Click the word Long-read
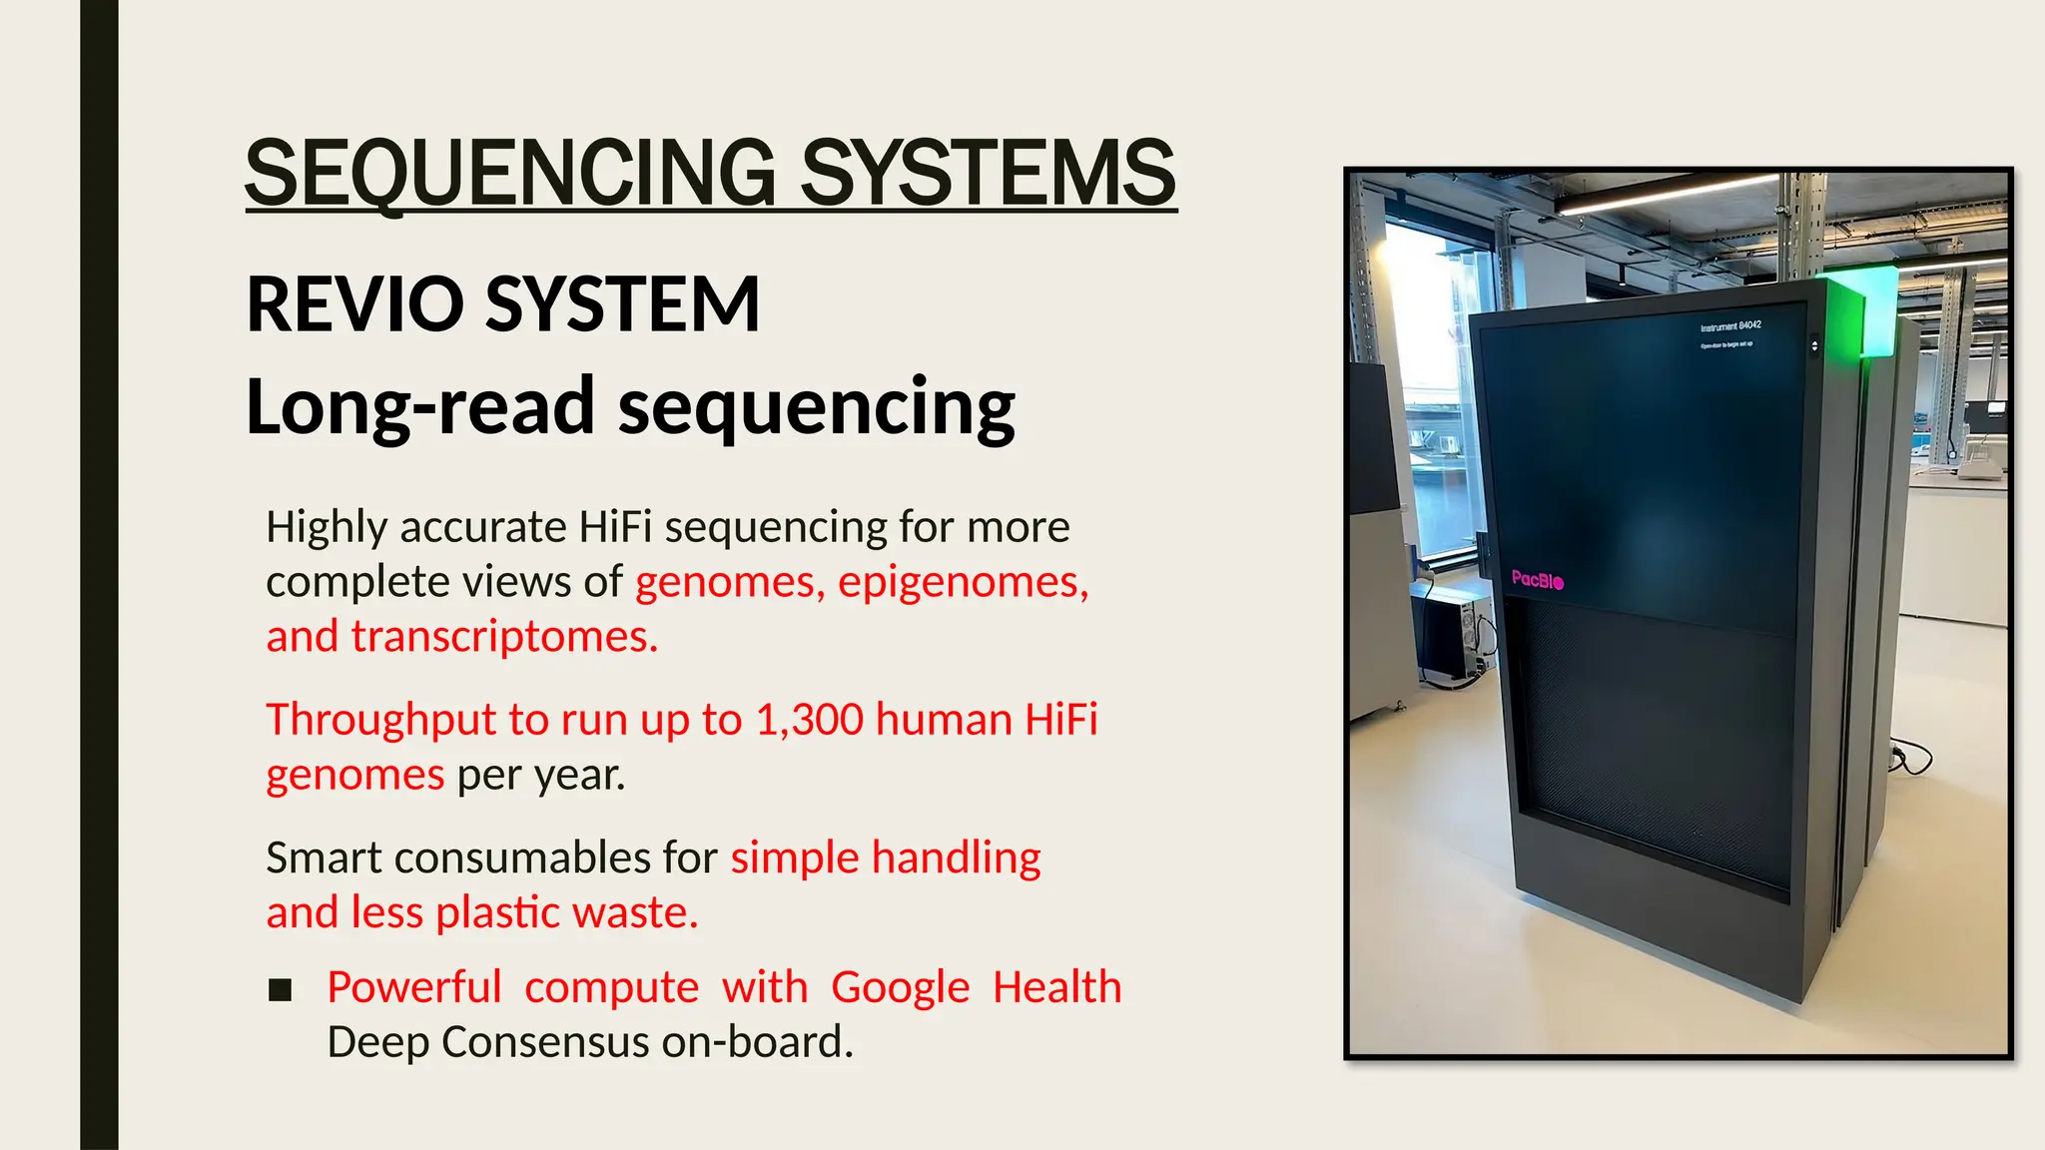419,407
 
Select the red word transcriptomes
504,637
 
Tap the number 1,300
809,720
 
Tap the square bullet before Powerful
281,989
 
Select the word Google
900,987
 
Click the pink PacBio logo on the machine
1537,579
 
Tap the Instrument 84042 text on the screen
1730,325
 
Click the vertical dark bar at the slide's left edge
99,575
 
